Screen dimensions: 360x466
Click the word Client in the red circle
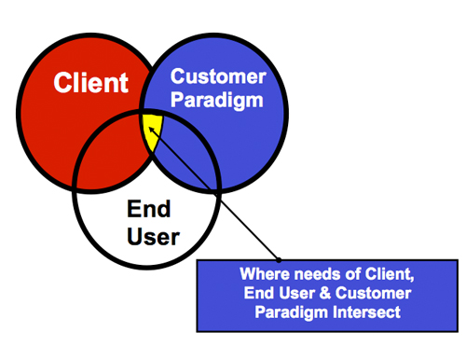90,82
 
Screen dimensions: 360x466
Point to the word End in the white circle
148,212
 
